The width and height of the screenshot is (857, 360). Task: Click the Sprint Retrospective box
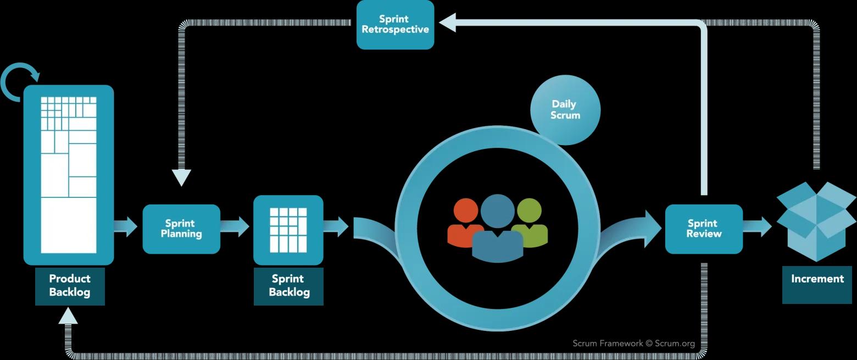395,25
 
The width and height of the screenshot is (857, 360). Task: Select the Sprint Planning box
181,229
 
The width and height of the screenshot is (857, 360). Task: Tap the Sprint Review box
704,229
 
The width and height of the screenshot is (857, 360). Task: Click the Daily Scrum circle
565,110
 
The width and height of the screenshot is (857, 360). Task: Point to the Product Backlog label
70,285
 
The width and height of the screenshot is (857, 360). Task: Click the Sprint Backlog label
288,286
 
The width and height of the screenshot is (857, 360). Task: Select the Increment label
817,279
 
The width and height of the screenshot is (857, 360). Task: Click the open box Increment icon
816,220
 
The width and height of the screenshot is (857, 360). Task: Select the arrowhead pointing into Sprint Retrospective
448,23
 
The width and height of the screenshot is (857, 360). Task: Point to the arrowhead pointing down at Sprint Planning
181,178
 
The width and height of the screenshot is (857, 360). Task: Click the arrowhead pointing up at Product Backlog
68,315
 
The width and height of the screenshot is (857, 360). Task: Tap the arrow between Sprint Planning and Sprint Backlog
236,226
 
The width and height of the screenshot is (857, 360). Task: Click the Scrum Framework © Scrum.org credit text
633,344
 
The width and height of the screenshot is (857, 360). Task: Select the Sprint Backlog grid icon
288,230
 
